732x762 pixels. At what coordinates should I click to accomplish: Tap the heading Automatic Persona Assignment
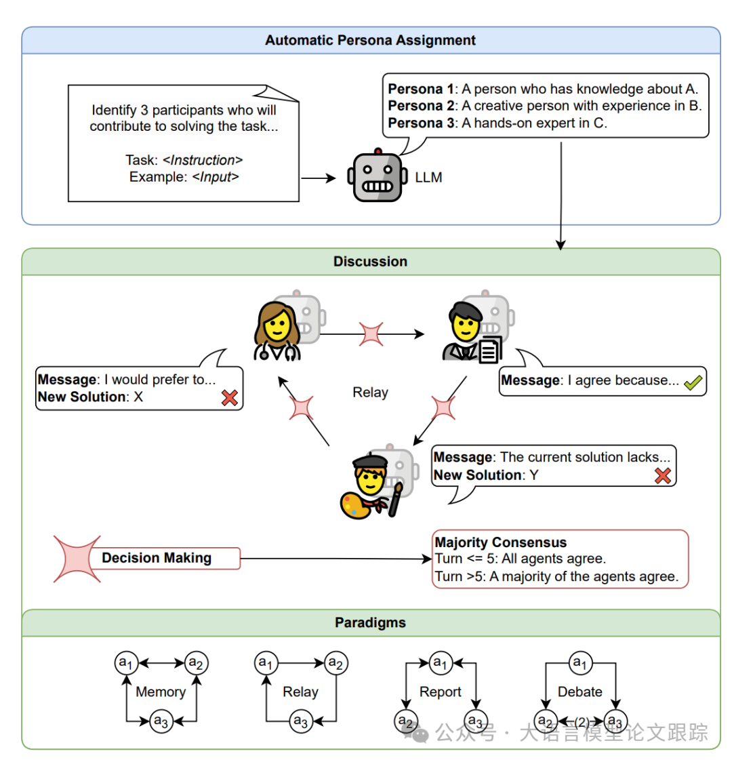click(x=370, y=40)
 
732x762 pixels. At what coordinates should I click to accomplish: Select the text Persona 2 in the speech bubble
click(x=421, y=106)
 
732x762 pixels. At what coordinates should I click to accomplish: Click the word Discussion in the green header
click(x=370, y=262)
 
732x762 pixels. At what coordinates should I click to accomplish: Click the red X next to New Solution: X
click(x=230, y=397)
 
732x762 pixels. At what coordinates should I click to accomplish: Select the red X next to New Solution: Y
click(x=662, y=475)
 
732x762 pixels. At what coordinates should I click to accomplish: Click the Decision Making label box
click(x=157, y=558)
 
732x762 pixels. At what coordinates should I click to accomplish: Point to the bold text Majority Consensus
click(x=501, y=542)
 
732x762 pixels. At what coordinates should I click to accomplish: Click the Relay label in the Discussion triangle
click(x=370, y=393)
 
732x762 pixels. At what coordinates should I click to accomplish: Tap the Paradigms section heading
click(x=370, y=622)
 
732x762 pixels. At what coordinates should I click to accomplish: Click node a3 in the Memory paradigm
click(x=161, y=721)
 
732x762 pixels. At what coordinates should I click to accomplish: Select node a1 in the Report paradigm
click(x=441, y=662)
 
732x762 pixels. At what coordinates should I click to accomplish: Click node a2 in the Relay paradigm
click(x=335, y=662)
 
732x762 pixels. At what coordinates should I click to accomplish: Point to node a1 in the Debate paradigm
click(x=580, y=662)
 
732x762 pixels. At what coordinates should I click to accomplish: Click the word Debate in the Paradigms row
click(x=580, y=691)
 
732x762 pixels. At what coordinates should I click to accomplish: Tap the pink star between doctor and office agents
click(x=371, y=334)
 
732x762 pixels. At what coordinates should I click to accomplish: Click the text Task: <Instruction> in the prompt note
click(x=184, y=160)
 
